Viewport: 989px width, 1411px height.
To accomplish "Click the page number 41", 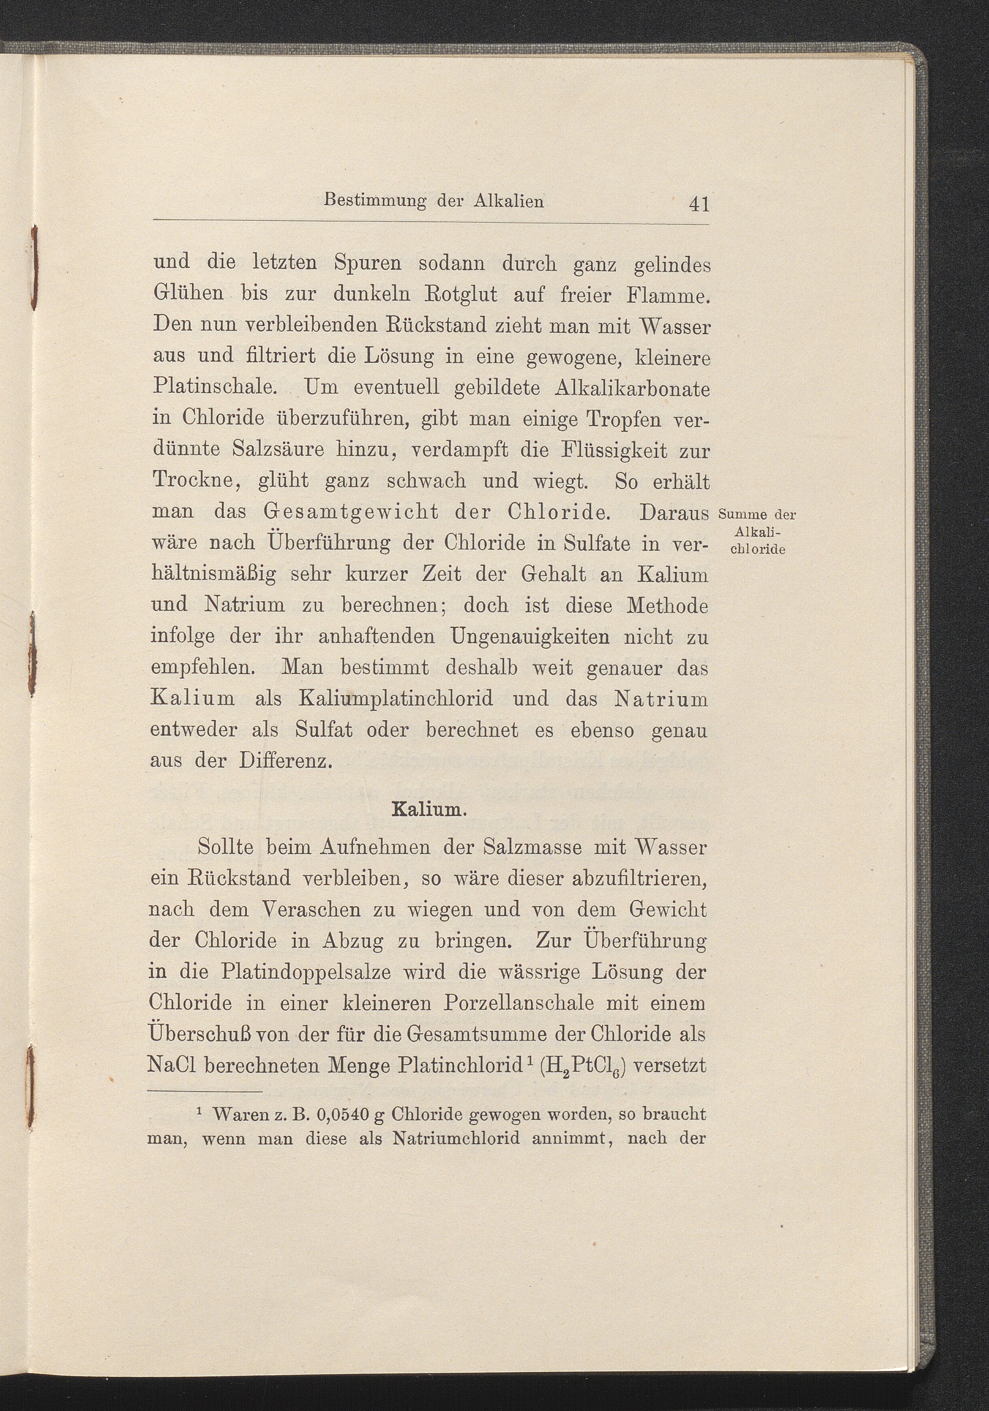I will pos(700,203).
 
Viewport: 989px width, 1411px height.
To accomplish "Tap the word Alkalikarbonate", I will pos(632,388).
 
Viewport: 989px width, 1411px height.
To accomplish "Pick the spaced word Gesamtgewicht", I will pos(351,512).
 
